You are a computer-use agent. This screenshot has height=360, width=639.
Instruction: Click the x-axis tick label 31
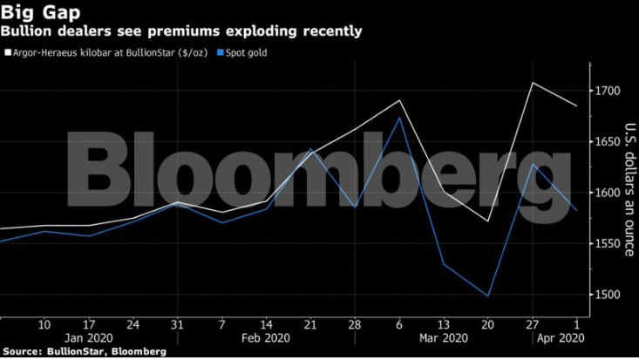point(178,324)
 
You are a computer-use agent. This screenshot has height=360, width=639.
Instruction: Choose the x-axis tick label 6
point(399,324)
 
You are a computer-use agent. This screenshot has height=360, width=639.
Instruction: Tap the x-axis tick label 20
point(487,324)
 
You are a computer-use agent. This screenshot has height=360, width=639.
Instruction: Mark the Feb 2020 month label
point(265,337)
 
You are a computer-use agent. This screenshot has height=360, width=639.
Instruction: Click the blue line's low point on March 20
point(487,296)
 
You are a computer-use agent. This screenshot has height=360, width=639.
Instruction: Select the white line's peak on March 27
point(532,83)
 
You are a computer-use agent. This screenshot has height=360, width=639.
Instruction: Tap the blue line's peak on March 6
point(399,118)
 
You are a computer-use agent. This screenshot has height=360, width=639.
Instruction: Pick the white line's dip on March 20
point(487,221)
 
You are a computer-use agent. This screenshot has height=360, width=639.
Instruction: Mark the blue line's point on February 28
point(355,207)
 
